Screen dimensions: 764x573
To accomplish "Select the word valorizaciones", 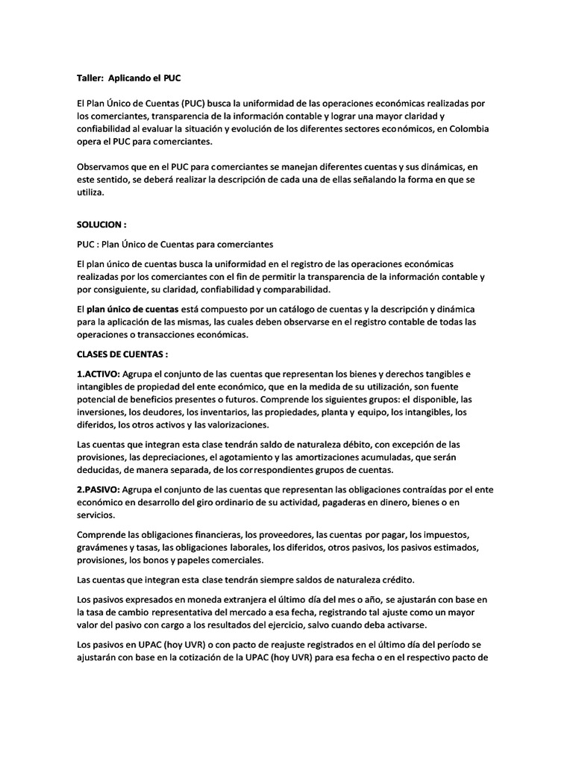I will (231, 425).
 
